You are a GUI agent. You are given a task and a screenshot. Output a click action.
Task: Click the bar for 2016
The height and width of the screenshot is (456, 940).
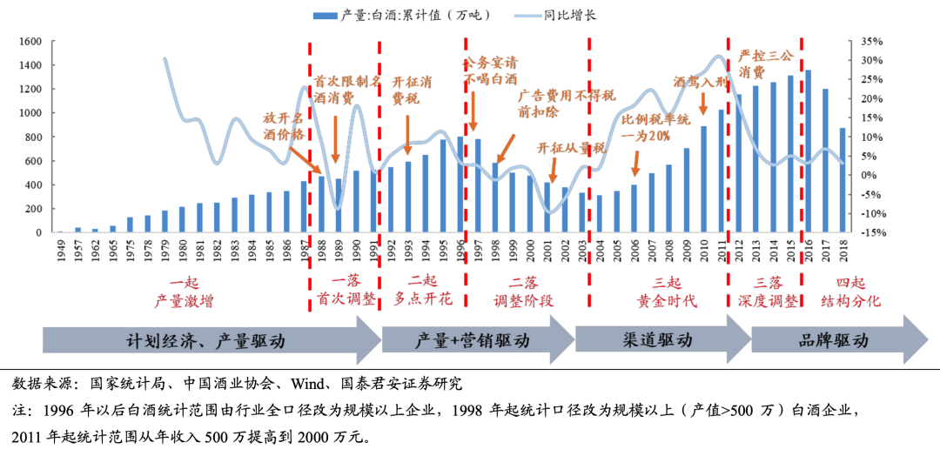(x=808, y=151)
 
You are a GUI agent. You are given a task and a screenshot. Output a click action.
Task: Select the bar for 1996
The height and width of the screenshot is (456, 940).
(x=460, y=184)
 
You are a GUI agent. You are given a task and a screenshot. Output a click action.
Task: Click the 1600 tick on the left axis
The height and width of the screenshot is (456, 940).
(x=30, y=42)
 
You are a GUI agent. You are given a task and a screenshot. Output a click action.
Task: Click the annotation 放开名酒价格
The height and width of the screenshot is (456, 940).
(x=285, y=126)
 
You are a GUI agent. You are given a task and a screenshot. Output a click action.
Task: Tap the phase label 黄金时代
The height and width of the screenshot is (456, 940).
(x=666, y=301)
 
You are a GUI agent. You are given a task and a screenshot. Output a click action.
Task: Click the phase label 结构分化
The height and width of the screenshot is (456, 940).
(x=851, y=301)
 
